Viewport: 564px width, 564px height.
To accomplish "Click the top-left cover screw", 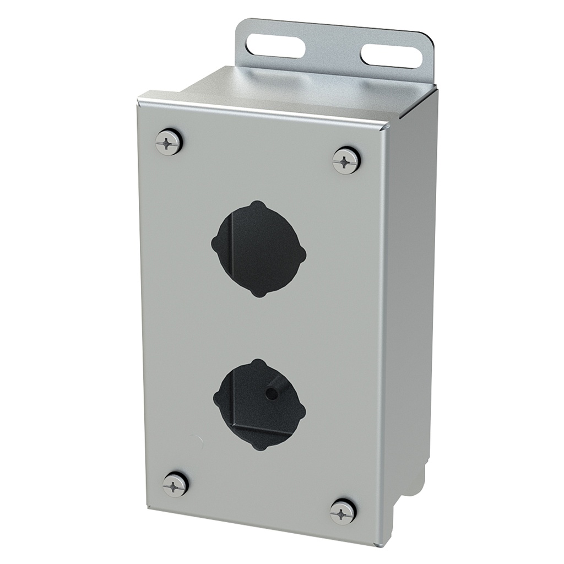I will pos(169,143).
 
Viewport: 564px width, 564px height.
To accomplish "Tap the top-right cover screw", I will pos(346,161).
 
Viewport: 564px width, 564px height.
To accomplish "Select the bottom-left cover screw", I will pos(176,485).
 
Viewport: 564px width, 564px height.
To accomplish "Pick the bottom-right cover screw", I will pos(343,512).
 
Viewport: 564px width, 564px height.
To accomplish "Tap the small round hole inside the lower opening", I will pos(270,393).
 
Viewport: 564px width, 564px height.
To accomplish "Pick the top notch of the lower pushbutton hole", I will pos(257,364).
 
